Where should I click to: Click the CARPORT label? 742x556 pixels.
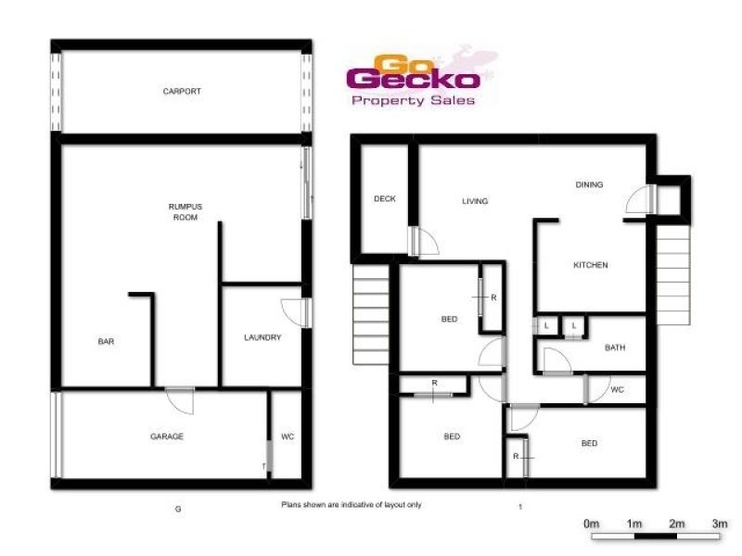click(x=182, y=92)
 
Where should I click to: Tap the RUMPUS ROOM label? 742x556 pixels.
click(x=185, y=211)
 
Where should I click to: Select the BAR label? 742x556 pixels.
click(x=106, y=341)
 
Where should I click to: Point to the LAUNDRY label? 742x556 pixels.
click(x=262, y=337)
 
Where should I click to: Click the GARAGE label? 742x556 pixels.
click(x=167, y=436)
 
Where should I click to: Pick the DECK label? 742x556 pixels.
click(x=384, y=198)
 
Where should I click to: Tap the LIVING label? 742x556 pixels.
click(x=474, y=201)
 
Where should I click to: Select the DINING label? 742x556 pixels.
click(x=589, y=184)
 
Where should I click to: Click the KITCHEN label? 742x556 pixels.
click(x=590, y=265)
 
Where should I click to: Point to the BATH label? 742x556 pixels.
click(x=614, y=347)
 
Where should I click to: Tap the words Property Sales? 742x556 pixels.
click(x=413, y=100)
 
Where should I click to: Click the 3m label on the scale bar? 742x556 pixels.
click(x=720, y=524)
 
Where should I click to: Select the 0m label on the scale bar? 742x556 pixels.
click(x=592, y=524)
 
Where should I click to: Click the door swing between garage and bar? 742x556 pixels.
click(x=180, y=400)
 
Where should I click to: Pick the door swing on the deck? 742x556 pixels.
click(x=424, y=242)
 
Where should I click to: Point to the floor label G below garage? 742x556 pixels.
click(x=177, y=508)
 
